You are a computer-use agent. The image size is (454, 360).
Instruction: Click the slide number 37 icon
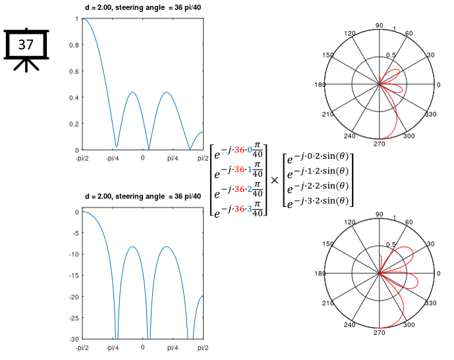26,46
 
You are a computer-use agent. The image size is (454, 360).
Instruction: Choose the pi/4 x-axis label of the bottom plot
173,347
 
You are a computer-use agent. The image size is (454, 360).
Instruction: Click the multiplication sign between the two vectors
274,179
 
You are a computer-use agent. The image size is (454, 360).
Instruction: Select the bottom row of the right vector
315,200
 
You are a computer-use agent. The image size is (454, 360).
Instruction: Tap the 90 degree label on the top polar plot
379,25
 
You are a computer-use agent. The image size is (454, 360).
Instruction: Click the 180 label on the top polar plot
321,85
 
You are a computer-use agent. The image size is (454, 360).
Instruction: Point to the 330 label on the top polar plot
432,115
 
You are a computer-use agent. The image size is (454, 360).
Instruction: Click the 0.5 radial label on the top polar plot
391,55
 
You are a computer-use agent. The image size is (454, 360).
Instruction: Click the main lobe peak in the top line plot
83,19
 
